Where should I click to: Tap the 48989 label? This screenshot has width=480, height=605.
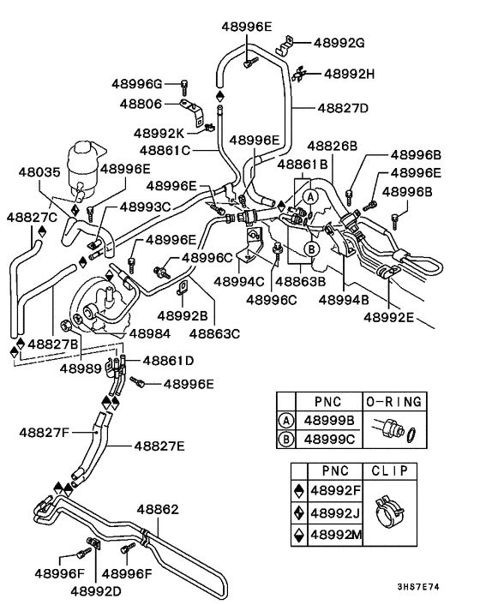tap(80, 368)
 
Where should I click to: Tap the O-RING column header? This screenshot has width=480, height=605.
tap(393, 401)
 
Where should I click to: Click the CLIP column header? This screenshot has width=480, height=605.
tap(391, 470)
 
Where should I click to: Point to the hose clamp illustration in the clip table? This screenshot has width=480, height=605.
tap(394, 508)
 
